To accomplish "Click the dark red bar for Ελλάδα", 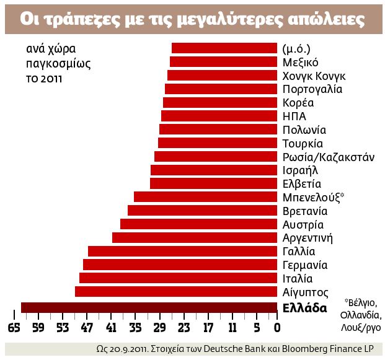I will [149, 307].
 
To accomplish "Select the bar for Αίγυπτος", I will [176, 291].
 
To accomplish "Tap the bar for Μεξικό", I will [223, 61].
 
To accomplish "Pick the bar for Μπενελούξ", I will [205, 196].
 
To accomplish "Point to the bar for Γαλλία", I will [182, 251].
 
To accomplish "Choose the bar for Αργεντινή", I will [194, 237].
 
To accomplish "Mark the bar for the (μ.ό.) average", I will [224, 48].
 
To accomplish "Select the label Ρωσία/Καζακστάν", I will [328, 157].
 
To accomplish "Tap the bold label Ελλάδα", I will [304, 307].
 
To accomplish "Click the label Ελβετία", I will [302, 183].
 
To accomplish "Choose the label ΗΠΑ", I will [294, 116].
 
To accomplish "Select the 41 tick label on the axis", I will [111, 327].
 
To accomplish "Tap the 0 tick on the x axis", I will [277, 327].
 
